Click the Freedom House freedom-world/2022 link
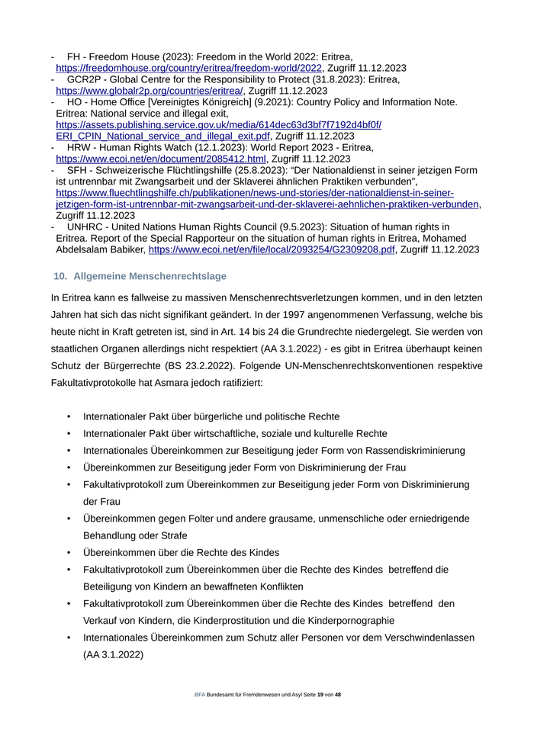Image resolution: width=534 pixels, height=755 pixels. pos(190,68)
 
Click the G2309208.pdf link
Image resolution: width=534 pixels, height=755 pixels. pos(272,249)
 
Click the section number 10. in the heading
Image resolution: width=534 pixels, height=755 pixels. pos(60,276)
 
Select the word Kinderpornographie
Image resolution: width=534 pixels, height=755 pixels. pos(348,620)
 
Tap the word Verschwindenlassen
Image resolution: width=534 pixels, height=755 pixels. pos(417,638)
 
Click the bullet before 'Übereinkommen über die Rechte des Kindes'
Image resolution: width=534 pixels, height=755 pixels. pos(69,553)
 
